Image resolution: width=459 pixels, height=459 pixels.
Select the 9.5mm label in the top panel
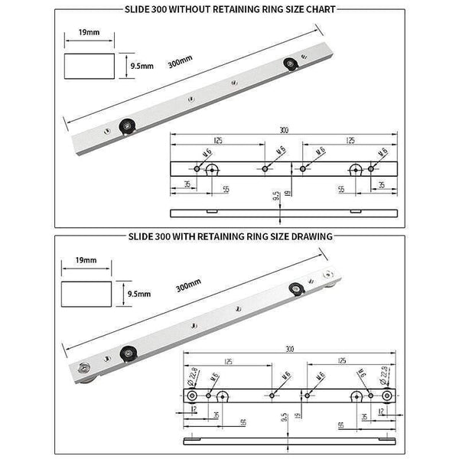(x=142, y=66)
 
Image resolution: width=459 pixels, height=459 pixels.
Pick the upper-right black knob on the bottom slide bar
(x=296, y=288)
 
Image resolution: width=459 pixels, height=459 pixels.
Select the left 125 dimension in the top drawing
(x=219, y=141)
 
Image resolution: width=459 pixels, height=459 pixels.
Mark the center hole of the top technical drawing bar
(x=265, y=168)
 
